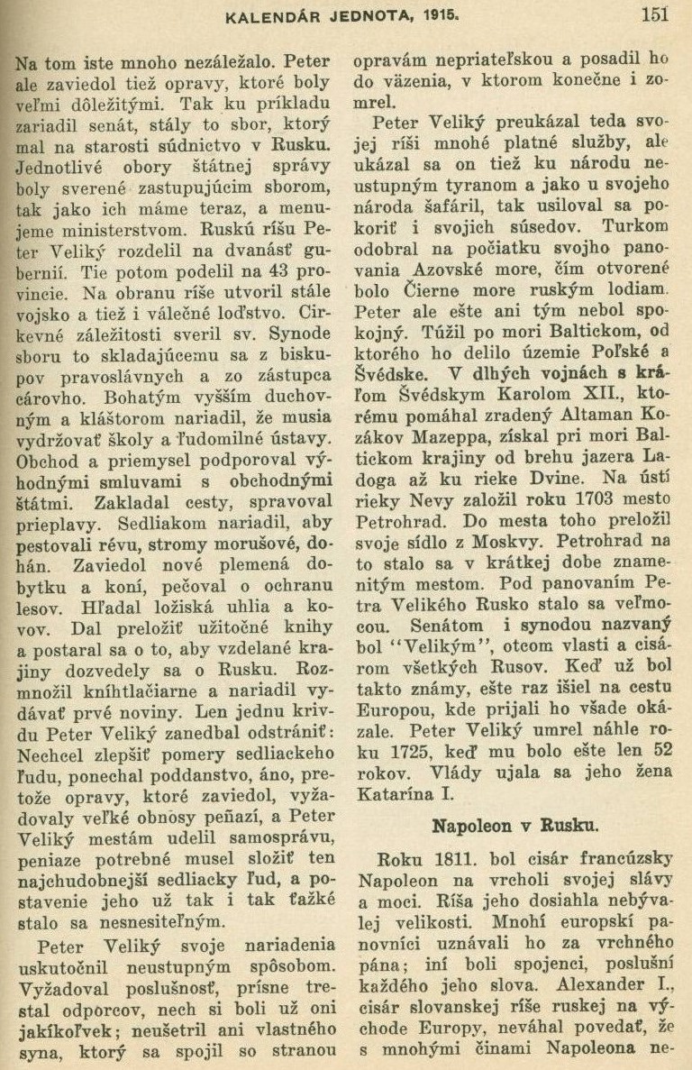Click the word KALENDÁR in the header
(x=267, y=14)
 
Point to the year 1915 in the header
(x=414, y=14)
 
